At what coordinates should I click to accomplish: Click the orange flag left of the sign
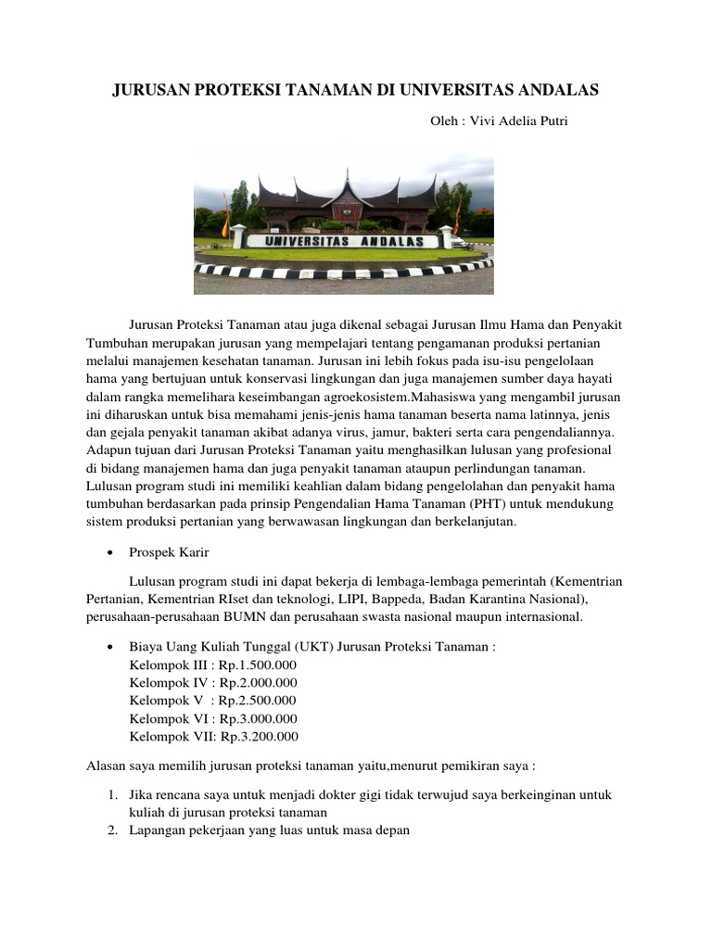[225, 222]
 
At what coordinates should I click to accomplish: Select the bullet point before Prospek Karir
[111, 552]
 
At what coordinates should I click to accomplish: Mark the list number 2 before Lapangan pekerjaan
[110, 830]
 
